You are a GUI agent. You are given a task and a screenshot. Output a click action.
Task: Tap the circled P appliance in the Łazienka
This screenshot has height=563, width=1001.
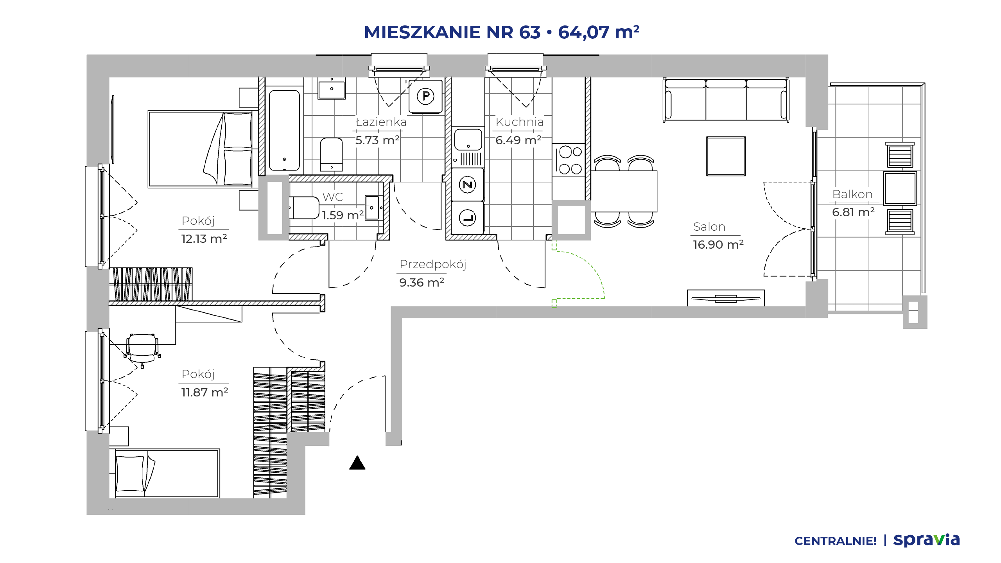(425, 96)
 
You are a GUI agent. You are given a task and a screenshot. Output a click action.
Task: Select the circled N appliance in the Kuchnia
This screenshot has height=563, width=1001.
(467, 185)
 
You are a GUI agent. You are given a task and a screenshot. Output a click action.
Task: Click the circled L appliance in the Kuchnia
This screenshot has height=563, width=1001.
(467, 218)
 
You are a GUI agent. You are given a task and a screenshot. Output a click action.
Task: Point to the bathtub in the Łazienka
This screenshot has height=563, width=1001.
(284, 131)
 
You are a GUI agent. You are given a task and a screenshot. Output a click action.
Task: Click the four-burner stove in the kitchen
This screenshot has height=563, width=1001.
(569, 160)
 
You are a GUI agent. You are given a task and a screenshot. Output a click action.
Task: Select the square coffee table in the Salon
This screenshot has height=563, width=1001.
(726, 156)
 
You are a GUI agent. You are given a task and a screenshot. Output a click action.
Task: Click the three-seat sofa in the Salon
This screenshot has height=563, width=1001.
(726, 100)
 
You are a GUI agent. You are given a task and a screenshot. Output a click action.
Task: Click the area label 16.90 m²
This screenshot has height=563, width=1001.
(718, 245)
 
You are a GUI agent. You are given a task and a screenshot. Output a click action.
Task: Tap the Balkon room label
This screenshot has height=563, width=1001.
(852, 194)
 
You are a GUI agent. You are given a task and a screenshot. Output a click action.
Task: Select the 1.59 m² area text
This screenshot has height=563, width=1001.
(343, 215)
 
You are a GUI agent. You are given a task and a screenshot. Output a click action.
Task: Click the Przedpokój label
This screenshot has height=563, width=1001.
(433, 265)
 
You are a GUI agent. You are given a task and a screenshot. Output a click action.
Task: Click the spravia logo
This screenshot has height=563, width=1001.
(926, 540)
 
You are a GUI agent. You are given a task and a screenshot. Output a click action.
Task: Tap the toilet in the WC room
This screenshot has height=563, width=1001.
(305, 208)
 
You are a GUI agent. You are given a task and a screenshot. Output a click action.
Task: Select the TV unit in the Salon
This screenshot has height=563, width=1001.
(726, 298)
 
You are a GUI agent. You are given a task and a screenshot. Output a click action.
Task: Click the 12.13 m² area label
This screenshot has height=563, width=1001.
(204, 238)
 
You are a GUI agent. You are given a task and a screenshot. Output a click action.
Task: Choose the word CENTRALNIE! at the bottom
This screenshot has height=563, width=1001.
(836, 541)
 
